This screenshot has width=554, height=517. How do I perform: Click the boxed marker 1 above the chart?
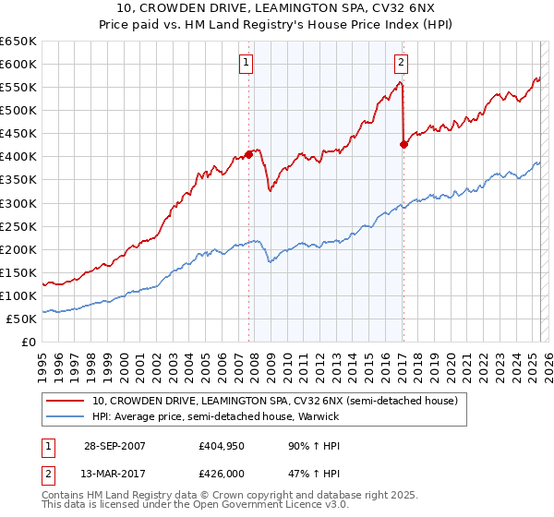click(x=247, y=63)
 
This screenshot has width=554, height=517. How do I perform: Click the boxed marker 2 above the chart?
click(x=402, y=63)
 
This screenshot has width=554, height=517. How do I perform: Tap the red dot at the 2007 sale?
click(x=249, y=155)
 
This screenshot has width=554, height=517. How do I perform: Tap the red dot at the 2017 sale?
click(x=403, y=144)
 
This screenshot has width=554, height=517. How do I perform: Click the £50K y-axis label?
click(x=22, y=319)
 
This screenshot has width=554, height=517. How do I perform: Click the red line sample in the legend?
click(x=66, y=401)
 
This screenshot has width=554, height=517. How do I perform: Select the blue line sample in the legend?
click(x=66, y=416)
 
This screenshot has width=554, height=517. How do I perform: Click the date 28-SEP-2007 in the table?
click(x=114, y=445)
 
